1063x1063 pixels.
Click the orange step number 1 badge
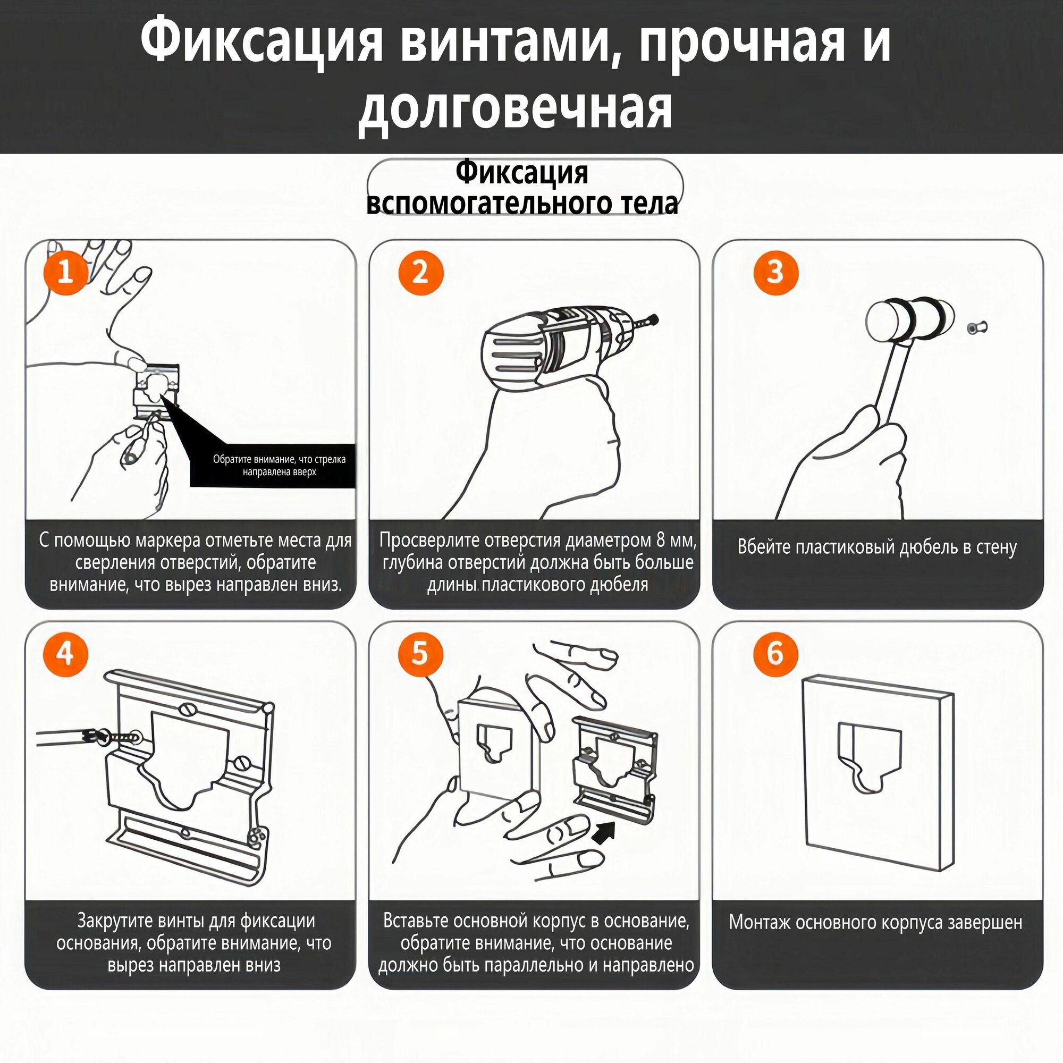[65, 272]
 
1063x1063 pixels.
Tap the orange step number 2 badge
[420, 272]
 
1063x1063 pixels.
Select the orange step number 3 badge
[775, 272]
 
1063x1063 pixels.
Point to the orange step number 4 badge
[65, 654]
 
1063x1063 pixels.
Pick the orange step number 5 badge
[420, 654]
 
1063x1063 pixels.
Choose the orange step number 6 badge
[775, 654]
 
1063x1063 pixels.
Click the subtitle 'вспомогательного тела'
[521, 203]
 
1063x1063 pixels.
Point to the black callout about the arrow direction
[272, 465]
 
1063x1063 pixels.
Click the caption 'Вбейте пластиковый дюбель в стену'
[877, 548]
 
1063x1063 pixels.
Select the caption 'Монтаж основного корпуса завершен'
[876, 922]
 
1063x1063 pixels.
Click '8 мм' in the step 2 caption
[676, 541]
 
